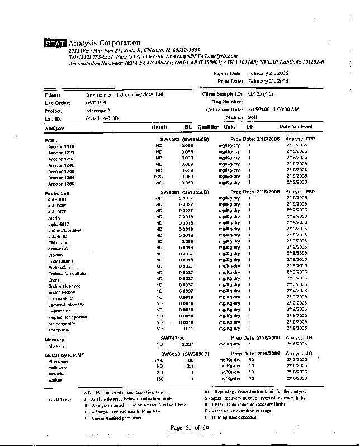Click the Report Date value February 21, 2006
click(268, 73)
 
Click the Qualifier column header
click(207, 127)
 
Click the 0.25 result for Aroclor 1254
click(159, 177)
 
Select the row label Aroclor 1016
click(61, 146)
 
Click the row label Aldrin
click(54, 217)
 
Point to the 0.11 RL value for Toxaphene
click(188, 329)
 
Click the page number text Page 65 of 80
click(190, 427)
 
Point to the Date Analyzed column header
click(296, 127)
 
